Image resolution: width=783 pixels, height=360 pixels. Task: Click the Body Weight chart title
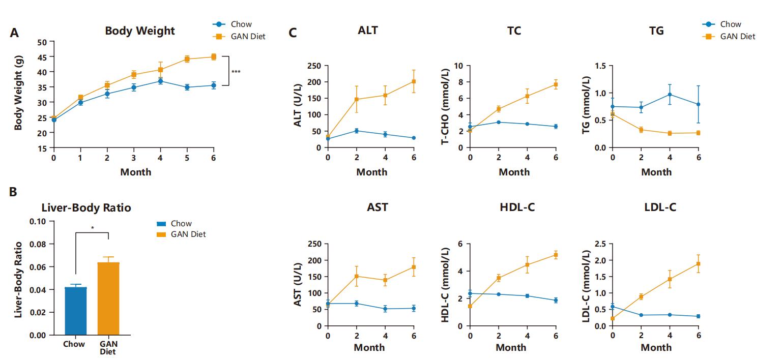click(x=139, y=31)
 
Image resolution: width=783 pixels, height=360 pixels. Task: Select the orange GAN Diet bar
click(x=108, y=298)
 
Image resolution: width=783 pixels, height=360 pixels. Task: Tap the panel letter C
click(x=293, y=33)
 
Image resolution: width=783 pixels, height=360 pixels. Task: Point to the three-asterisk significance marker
click(x=236, y=72)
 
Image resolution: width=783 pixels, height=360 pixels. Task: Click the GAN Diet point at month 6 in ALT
click(x=414, y=81)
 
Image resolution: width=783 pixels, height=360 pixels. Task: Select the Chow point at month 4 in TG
click(x=670, y=95)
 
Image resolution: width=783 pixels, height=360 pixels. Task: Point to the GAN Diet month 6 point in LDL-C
click(x=698, y=263)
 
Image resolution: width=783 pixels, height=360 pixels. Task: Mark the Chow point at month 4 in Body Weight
click(x=160, y=81)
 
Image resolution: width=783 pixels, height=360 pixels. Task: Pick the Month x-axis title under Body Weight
click(x=135, y=172)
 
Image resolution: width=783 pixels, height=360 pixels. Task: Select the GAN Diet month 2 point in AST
click(x=356, y=277)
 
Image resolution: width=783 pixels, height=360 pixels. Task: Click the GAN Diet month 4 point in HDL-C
click(x=527, y=264)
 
